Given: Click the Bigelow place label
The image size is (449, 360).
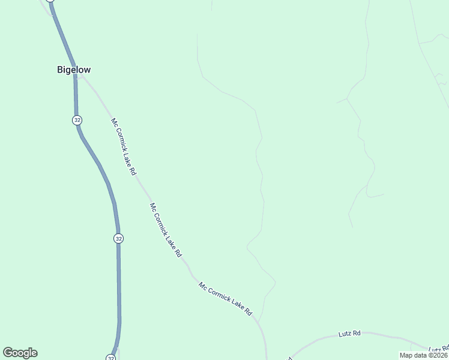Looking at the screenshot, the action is pyautogui.click(x=74, y=70).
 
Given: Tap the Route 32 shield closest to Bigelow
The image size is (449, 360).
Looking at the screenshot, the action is pyautogui.click(x=77, y=120).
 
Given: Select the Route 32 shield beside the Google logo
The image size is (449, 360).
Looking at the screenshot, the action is pyautogui.click(x=111, y=358).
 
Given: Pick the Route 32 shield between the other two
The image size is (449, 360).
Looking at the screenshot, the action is pyautogui.click(x=118, y=238).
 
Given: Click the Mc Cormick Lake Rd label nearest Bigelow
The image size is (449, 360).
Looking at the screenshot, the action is pyautogui.click(x=123, y=146).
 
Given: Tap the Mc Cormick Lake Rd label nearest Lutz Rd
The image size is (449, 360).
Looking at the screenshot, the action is pyautogui.click(x=226, y=300).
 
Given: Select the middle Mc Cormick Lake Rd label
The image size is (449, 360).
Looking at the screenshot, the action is pyautogui.click(x=166, y=230).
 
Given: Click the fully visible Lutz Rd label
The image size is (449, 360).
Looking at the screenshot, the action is pyautogui.click(x=349, y=333).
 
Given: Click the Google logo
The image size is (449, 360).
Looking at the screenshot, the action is pyautogui.click(x=20, y=353).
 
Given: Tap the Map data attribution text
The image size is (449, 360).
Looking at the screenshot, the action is pyautogui.click(x=423, y=355).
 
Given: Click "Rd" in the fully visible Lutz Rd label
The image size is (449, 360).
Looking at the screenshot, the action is pyautogui.click(x=357, y=333).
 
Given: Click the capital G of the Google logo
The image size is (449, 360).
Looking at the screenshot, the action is pyautogui.click(x=8, y=353).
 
